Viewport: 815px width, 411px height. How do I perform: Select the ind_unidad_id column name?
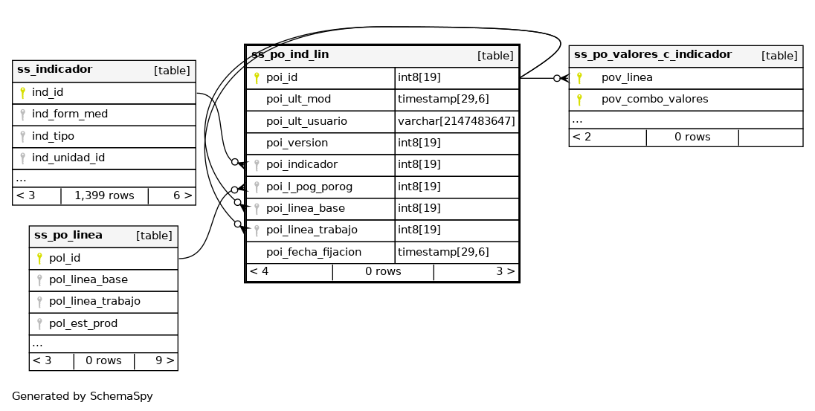[68, 158]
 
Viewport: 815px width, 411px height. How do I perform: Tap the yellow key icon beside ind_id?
[23, 93]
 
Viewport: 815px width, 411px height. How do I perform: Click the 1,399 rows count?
[104, 195]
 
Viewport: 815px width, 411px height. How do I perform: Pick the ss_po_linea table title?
[68, 236]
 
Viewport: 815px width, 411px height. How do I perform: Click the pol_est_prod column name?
[83, 323]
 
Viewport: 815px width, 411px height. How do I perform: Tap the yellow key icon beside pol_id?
[40, 259]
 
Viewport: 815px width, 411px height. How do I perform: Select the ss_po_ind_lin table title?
[290, 55]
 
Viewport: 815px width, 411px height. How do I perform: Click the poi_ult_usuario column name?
[306, 121]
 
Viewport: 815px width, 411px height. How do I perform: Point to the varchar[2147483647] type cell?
[456, 121]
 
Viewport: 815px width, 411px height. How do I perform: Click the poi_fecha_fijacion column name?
[314, 252]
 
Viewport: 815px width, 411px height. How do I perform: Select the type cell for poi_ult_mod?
[443, 99]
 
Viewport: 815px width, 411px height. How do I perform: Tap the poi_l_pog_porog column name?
[309, 187]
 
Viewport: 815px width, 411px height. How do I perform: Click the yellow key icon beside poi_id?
[257, 77]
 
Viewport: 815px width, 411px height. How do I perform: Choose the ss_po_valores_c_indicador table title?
[653, 55]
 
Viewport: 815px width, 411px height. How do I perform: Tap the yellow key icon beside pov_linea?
[579, 77]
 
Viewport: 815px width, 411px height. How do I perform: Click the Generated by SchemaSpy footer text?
[83, 396]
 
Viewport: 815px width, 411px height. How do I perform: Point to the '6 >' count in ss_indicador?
[183, 195]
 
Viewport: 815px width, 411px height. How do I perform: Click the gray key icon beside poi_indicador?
[257, 165]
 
